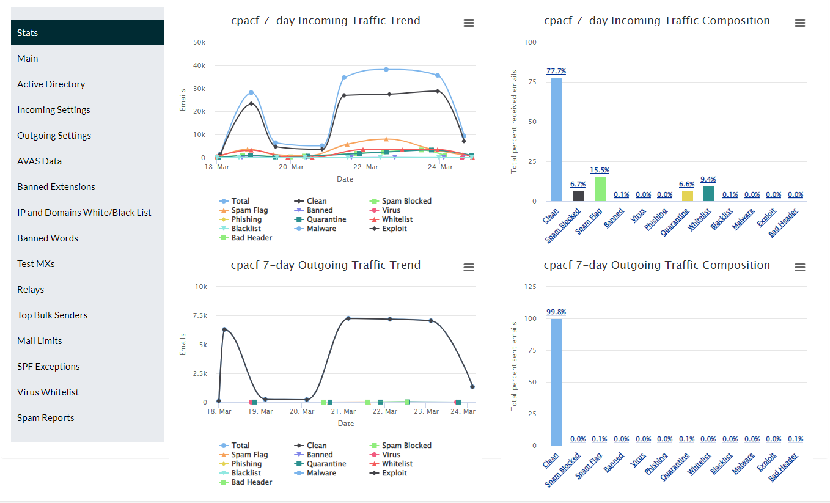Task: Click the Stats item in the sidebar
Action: point(87,32)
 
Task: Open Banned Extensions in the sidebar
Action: point(56,187)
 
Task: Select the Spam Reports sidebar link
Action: point(46,418)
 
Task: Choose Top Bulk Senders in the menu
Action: point(53,315)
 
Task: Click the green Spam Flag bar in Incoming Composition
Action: point(600,189)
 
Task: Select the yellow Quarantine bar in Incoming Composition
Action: point(688,196)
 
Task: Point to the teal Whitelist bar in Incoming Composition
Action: point(709,194)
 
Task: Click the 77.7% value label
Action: point(556,72)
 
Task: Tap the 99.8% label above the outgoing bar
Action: point(556,312)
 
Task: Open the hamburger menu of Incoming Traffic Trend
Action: point(469,23)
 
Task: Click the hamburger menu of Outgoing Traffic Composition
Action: point(799,268)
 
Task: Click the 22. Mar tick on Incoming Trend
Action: point(367,167)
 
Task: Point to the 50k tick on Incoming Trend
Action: point(199,42)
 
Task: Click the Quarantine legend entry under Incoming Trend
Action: point(326,219)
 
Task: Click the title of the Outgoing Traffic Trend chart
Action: point(326,265)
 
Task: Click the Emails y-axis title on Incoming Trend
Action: point(183,100)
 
